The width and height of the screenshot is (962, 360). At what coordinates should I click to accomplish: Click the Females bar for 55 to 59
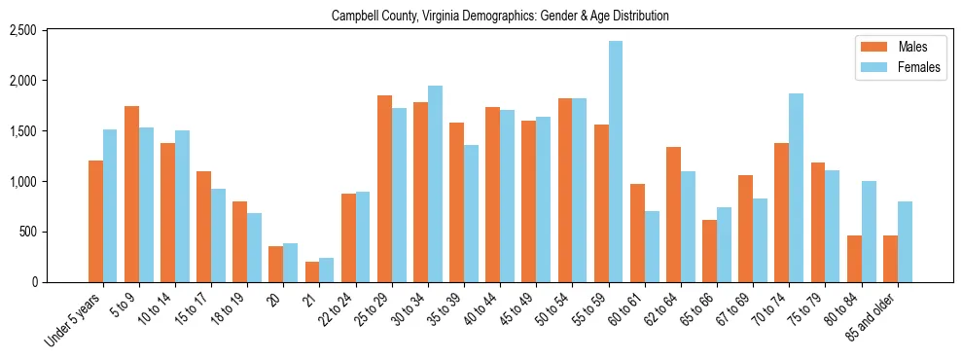coord(616,162)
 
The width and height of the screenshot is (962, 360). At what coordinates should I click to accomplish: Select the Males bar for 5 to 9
coord(131,195)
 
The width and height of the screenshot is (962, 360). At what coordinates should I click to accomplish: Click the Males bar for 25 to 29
coord(384,189)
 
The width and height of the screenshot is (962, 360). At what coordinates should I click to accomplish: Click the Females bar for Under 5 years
coord(110,205)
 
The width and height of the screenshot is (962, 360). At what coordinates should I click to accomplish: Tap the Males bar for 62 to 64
coord(673,214)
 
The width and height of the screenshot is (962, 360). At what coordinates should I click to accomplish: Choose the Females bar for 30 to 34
coord(435,184)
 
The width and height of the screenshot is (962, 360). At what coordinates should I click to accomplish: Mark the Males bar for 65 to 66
coord(709,251)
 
